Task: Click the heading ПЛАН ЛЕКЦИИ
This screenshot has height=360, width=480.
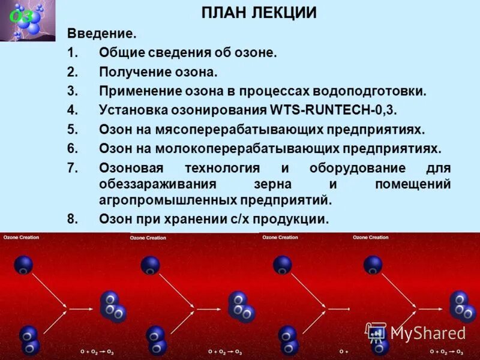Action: point(259,13)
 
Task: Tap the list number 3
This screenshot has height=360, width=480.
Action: point(72,92)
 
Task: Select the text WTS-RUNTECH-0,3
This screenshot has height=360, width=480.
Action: point(334,111)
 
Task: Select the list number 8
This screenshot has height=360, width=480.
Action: point(72,220)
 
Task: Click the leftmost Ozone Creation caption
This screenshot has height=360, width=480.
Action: point(21,238)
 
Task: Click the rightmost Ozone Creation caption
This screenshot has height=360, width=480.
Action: point(371,238)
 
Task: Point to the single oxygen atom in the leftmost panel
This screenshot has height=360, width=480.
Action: point(23,265)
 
